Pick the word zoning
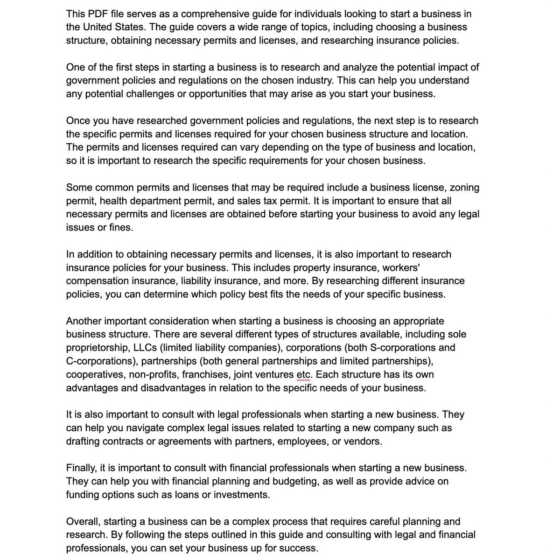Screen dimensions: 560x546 pyautogui.click(x=463, y=188)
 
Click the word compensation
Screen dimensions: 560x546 pyautogui.click(x=96, y=281)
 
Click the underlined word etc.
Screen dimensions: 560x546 pyautogui.click(x=303, y=375)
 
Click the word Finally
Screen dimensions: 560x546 pyautogui.click(x=82, y=468)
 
